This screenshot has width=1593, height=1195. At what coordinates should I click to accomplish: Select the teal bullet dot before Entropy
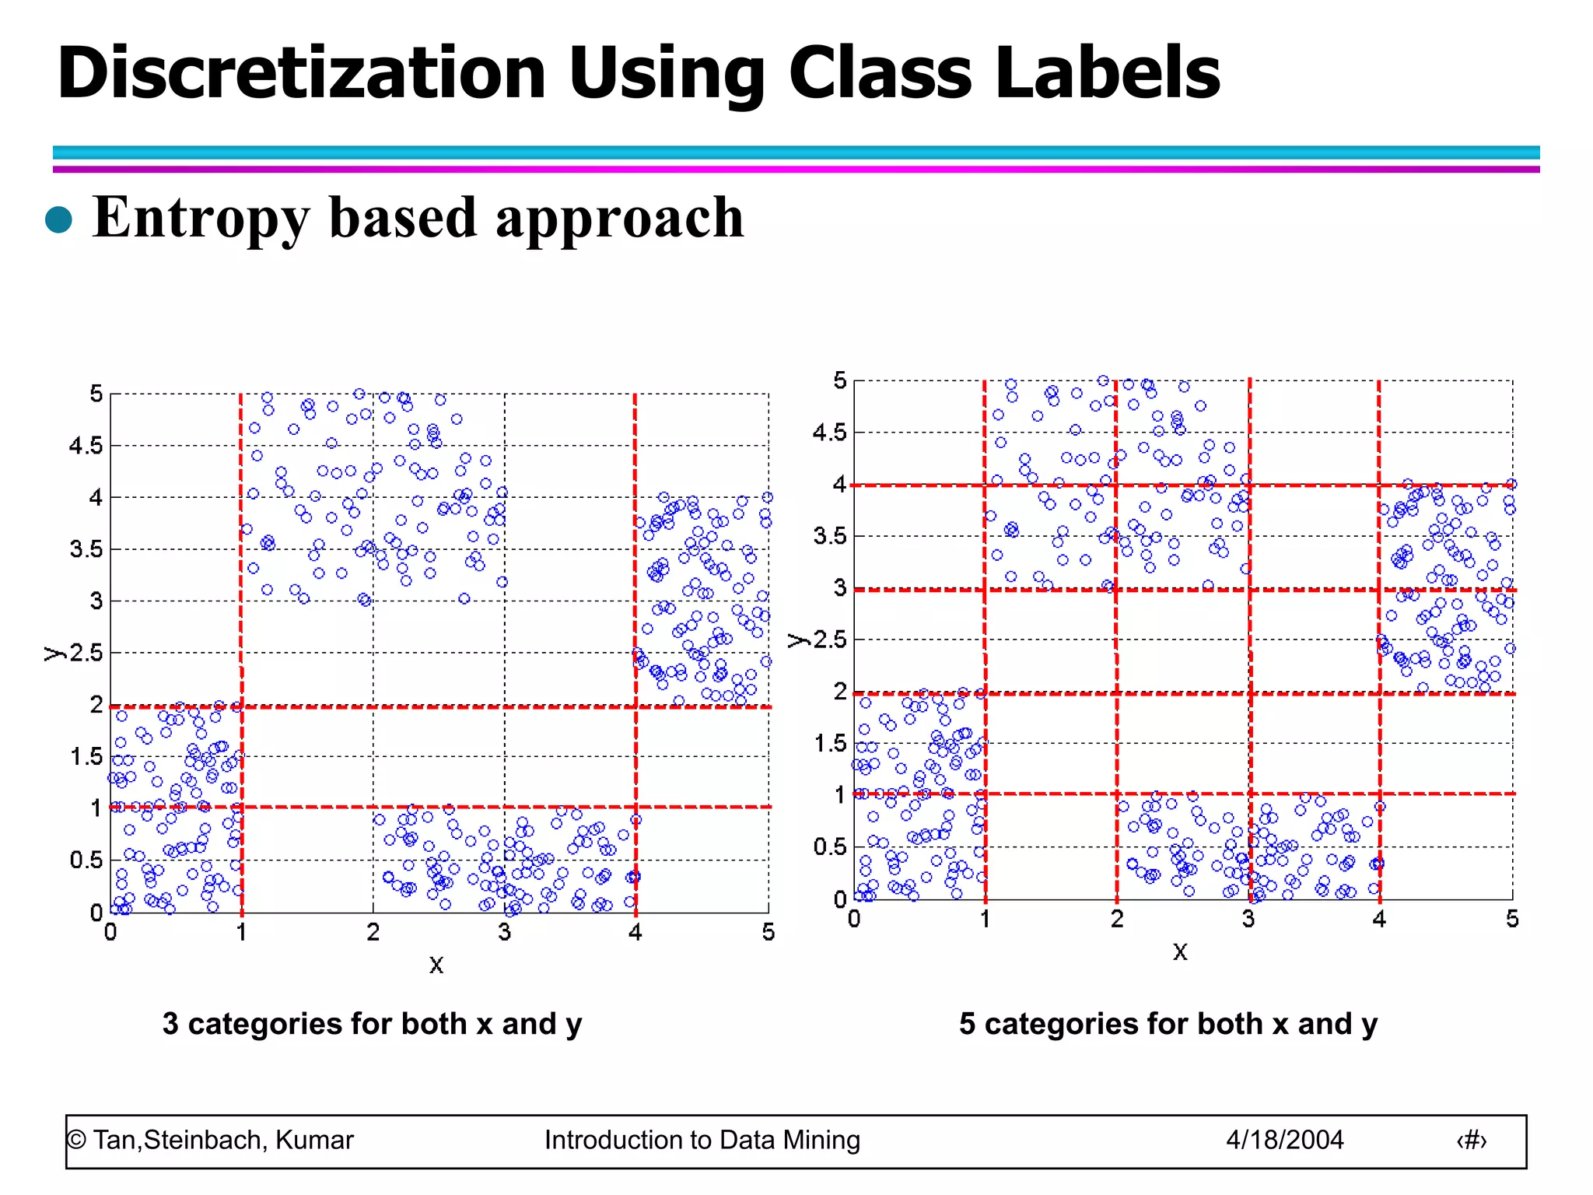(x=59, y=220)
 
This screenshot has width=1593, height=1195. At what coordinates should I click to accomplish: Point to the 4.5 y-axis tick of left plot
(x=86, y=446)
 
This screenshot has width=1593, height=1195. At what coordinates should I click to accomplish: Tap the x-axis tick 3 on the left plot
(x=505, y=932)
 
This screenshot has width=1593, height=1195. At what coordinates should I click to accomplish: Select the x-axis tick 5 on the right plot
(x=1512, y=920)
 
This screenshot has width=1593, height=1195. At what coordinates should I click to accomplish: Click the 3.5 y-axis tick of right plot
(x=829, y=536)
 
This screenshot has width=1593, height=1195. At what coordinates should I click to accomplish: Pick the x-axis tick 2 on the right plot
(x=1117, y=920)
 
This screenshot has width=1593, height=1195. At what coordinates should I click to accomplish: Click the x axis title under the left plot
(x=436, y=965)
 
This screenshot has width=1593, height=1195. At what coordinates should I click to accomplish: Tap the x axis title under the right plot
(x=1180, y=951)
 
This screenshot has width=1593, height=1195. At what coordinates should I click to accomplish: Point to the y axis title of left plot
(x=53, y=653)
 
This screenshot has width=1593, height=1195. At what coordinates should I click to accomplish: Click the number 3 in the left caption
(x=170, y=1024)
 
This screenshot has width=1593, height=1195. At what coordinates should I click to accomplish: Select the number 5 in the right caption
(x=967, y=1024)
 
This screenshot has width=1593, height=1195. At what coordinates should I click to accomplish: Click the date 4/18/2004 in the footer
(x=1285, y=1140)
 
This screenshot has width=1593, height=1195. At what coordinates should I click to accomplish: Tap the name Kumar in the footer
(x=314, y=1140)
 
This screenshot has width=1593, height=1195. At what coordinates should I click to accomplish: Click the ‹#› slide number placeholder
(x=1471, y=1141)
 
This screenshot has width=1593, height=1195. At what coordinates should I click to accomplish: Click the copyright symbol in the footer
(x=76, y=1141)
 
